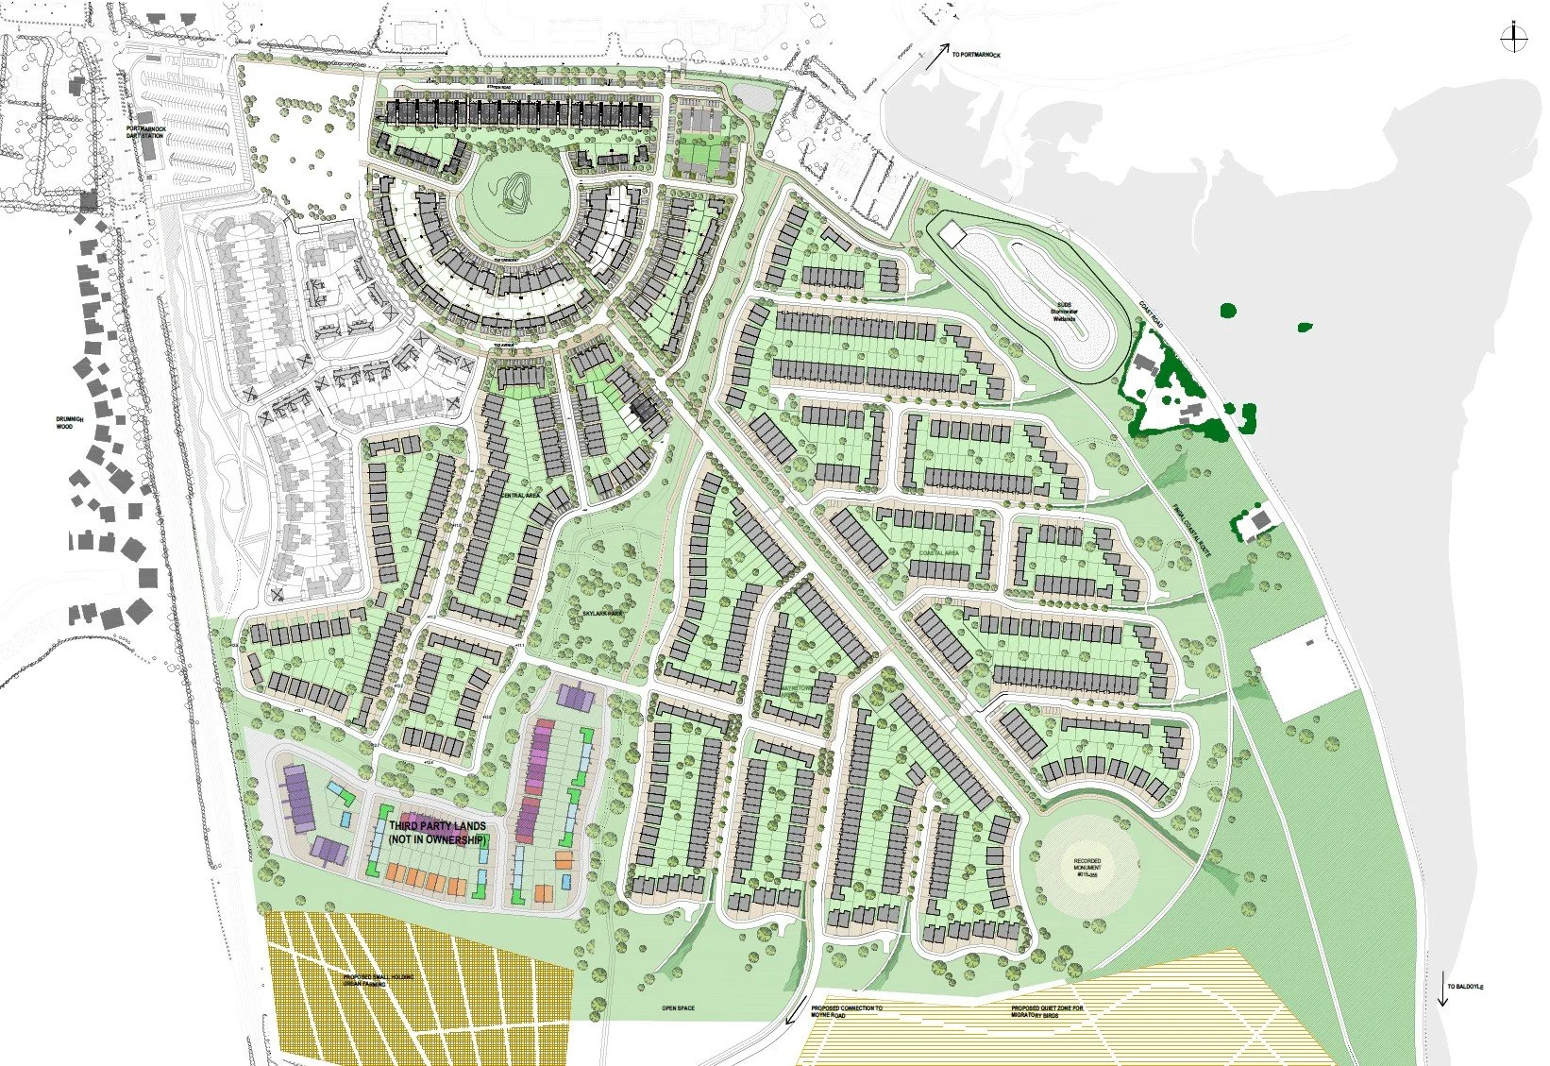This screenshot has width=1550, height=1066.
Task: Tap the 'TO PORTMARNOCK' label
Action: (x=976, y=55)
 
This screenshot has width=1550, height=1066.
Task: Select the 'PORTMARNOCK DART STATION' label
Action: (x=151, y=132)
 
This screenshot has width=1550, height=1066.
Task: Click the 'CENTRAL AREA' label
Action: (x=514, y=493)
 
